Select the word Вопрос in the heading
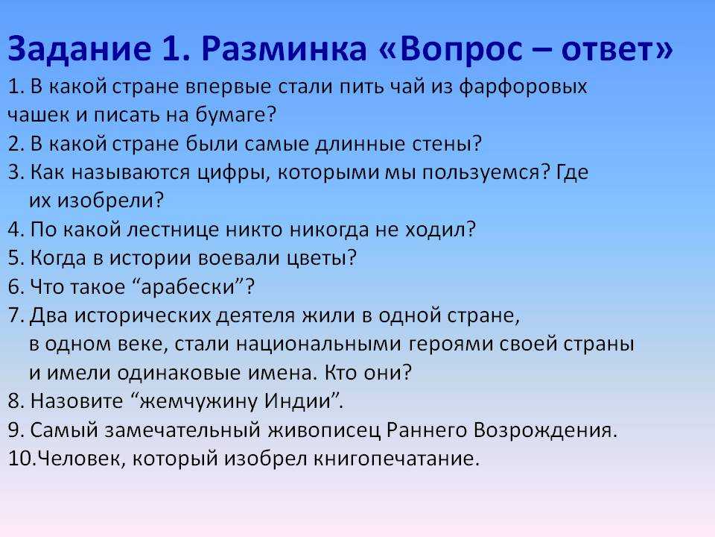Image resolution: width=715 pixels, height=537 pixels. [460, 49]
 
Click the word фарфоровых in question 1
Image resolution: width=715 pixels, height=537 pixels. [523, 87]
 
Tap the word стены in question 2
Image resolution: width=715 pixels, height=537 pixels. [441, 144]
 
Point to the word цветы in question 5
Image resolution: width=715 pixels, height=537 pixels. [316, 259]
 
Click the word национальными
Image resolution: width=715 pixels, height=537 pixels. [318, 345]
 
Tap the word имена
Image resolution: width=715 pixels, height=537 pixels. [282, 373]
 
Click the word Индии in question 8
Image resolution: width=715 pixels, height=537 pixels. [298, 402]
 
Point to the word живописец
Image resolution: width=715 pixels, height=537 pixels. [324, 430]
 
